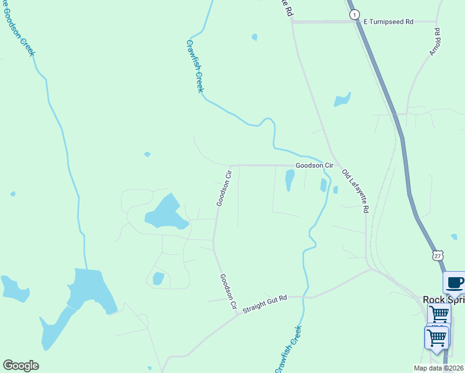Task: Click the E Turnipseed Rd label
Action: pos(389,21)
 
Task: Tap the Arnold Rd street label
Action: pos(435,42)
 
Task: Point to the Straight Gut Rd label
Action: pos(264,304)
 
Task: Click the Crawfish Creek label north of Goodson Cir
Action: pos(195,67)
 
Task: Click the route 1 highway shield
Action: pos(354,14)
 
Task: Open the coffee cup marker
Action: pos(454,283)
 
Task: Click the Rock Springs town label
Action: pos(443,299)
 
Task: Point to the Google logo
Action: pos(21,366)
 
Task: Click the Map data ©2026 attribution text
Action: pos(438,368)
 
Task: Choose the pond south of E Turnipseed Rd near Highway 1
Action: pos(342,99)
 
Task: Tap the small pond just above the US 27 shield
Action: pos(454,236)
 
